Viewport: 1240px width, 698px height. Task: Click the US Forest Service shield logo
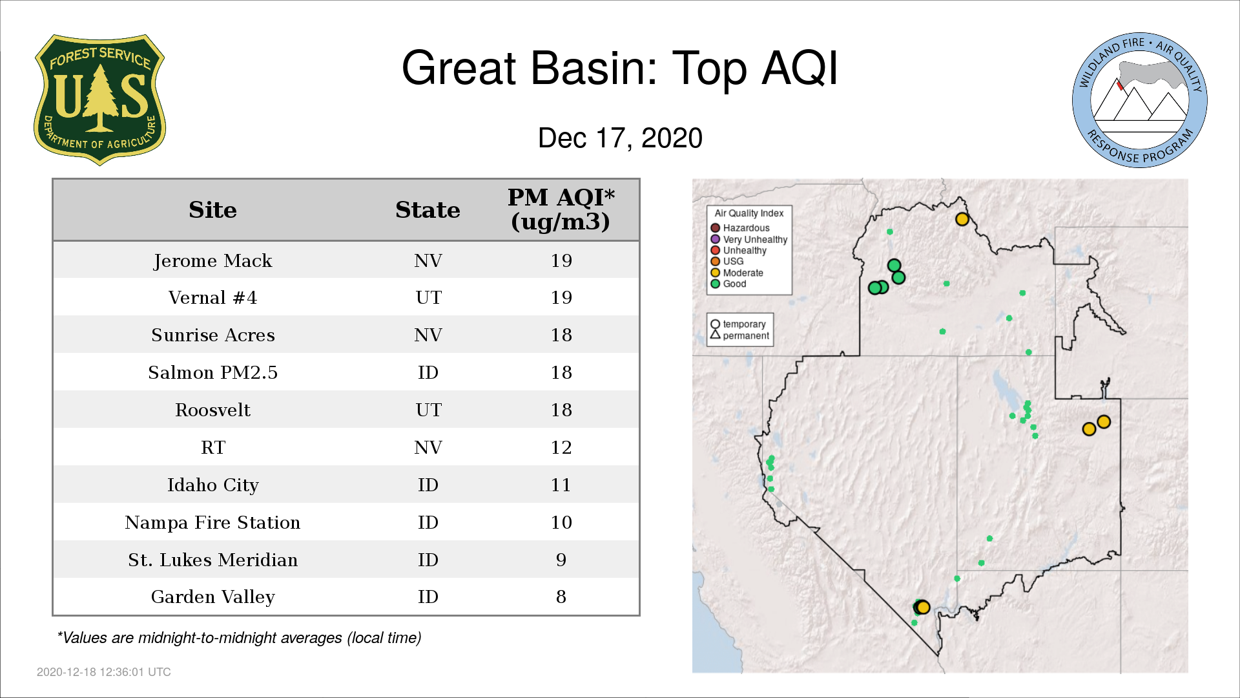[99, 100]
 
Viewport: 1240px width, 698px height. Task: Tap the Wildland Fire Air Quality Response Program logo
[1139, 100]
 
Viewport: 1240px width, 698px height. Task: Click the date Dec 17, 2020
[620, 138]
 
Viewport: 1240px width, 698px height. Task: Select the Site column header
[212, 210]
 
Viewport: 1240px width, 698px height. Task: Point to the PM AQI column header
[561, 209]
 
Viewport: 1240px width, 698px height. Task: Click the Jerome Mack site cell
[212, 260]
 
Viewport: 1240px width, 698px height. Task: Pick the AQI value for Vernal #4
[561, 297]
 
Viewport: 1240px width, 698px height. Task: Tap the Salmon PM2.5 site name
[212, 372]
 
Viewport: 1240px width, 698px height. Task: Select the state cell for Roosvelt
[428, 410]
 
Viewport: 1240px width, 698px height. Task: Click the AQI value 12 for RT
[561, 447]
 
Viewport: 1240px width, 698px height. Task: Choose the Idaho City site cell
[212, 485]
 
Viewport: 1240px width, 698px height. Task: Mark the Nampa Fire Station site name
[212, 522]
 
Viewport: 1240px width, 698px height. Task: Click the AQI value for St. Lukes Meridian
[561, 560]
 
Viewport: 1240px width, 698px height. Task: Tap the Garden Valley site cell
[212, 597]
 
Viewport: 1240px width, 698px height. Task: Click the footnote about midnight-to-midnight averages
[239, 638]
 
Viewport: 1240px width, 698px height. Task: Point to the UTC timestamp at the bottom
[104, 672]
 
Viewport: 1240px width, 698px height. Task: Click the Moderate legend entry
[737, 273]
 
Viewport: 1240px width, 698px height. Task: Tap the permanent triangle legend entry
[740, 335]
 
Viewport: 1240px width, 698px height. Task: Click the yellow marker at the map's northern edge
[962, 219]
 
